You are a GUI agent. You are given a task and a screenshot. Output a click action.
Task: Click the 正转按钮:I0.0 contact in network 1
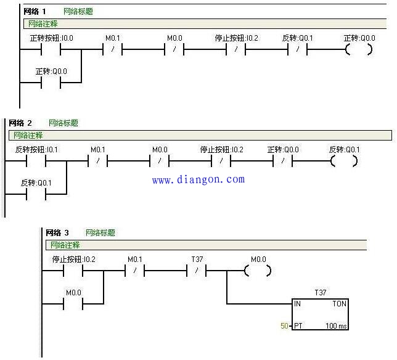coord(51,49)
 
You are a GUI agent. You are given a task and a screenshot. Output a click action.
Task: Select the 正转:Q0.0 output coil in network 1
coord(359,49)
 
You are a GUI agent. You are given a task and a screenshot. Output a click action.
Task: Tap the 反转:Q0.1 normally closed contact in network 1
coord(298,49)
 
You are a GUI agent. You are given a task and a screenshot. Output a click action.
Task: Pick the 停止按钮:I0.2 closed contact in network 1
coord(235,49)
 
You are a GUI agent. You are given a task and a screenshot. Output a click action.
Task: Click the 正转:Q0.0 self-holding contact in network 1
coord(51,83)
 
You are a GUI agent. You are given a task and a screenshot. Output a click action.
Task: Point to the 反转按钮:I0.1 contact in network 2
coord(36,161)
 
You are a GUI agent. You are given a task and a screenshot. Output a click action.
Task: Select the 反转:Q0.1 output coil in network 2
coord(344,161)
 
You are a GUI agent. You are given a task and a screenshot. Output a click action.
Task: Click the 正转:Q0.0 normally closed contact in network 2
coord(283,161)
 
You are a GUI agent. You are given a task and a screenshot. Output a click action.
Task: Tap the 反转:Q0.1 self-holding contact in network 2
coord(36,194)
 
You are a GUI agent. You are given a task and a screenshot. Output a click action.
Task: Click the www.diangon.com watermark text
coord(198,179)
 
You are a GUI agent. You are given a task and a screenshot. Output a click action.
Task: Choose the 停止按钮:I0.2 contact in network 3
coord(73,271)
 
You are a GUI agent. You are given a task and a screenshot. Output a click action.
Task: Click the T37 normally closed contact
coord(197,271)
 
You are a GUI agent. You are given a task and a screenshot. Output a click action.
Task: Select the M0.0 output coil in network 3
coord(258,271)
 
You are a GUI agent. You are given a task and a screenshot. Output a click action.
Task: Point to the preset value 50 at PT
coord(284,325)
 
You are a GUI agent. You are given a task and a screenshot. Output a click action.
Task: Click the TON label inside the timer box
coord(339,303)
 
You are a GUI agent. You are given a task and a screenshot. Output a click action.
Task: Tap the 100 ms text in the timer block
coord(336,325)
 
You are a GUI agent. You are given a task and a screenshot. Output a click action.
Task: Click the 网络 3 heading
coord(57,232)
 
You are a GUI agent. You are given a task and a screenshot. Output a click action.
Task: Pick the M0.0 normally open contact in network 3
coord(73,304)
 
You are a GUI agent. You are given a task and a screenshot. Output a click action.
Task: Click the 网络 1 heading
coord(35,11)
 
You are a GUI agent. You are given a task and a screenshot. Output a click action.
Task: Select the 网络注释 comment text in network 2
coord(28,135)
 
